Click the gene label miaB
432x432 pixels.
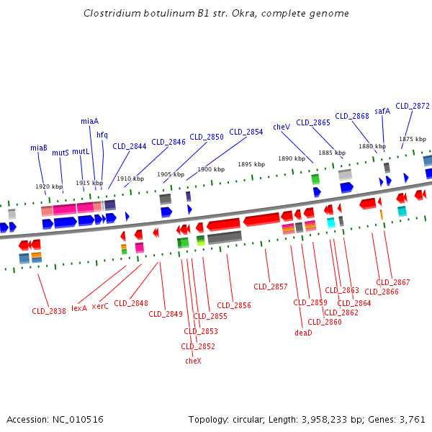[x=39, y=148]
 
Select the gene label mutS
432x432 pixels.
[x=60, y=153]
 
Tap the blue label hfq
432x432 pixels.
[x=102, y=135]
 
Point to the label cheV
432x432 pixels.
[x=282, y=127]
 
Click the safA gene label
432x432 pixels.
[x=382, y=111]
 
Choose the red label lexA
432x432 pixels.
[x=79, y=308]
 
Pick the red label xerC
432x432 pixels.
[x=100, y=306]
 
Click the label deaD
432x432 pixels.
[x=303, y=333]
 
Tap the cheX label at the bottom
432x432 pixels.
[x=193, y=361]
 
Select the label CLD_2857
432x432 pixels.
[x=271, y=287]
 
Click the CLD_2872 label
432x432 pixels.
[x=413, y=106]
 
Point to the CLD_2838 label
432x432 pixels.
[x=49, y=311]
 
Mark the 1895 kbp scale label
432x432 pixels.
[x=251, y=164]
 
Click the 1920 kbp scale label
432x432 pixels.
[x=49, y=186]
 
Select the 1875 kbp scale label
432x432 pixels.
[x=413, y=139]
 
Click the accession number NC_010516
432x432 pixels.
[x=78, y=420]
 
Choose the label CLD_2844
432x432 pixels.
[x=130, y=146]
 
